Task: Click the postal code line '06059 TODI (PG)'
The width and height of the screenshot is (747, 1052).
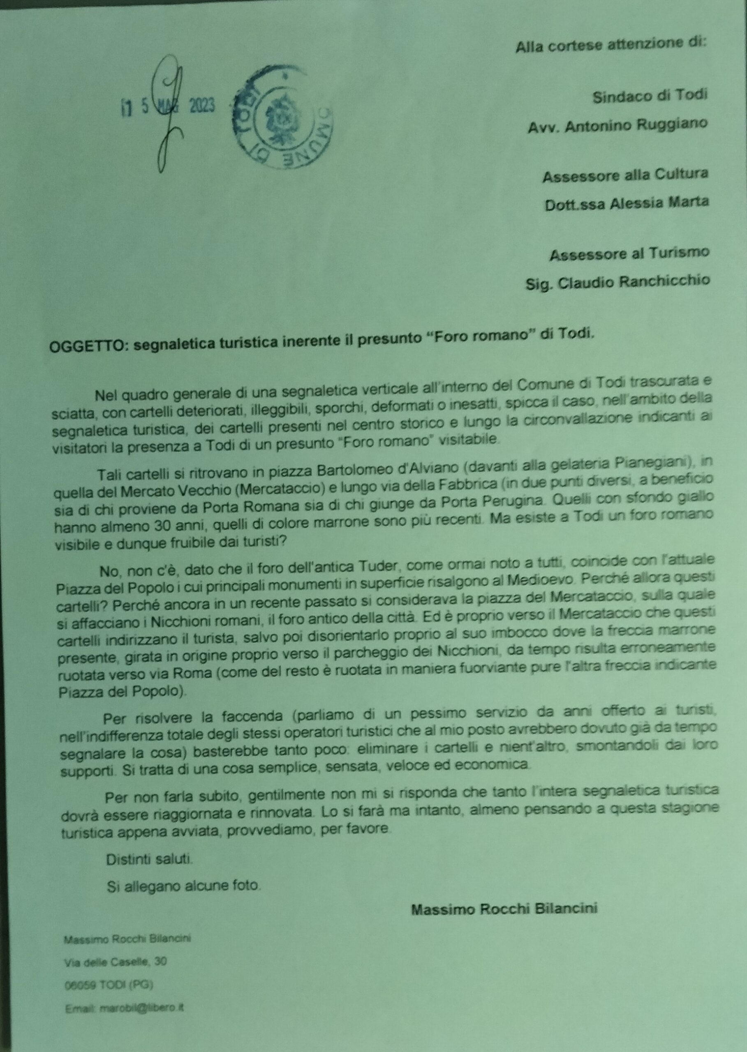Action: click(x=109, y=981)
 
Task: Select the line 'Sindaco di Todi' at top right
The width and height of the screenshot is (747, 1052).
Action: click(x=649, y=97)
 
